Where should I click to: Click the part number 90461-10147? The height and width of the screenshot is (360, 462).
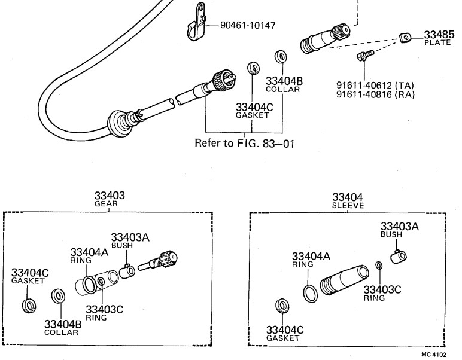tap(248, 25)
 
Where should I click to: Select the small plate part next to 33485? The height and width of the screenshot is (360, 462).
tap(405, 38)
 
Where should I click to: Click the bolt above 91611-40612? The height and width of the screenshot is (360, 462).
tap(366, 56)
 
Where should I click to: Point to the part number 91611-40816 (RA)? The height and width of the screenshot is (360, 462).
tap(375, 94)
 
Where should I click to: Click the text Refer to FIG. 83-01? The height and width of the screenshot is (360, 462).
tap(245, 143)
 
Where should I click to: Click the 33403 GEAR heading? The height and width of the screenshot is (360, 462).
tap(110, 199)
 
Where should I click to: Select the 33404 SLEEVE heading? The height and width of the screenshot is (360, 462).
tap(348, 200)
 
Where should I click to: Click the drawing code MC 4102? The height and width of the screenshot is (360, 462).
tap(433, 355)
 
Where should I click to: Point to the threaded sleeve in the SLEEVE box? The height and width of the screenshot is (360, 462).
tap(344, 280)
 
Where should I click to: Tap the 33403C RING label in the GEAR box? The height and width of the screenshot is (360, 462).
tap(104, 313)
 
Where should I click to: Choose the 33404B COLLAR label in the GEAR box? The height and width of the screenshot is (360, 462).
tap(63, 328)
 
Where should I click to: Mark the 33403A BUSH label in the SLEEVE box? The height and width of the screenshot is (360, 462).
tap(399, 230)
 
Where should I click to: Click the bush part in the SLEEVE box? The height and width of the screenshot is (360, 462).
tap(399, 256)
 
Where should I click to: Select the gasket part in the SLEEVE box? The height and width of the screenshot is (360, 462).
tap(282, 306)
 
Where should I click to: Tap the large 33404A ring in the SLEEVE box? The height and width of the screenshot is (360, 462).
tap(310, 294)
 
